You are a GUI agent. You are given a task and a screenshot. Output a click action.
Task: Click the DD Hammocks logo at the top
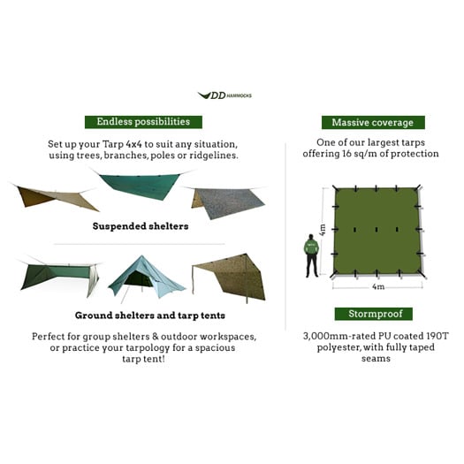pyautogui.click(x=224, y=95)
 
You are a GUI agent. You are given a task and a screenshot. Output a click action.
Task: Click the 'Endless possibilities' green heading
pyautogui.click(x=143, y=122)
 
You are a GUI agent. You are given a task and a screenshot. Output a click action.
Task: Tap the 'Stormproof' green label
pyautogui.click(x=373, y=314)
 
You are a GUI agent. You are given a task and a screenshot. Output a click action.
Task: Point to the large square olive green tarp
pyautogui.click(x=377, y=232)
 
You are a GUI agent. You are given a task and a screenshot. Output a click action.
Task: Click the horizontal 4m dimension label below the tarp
pyautogui.click(x=377, y=286)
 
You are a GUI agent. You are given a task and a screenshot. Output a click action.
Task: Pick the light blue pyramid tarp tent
pyautogui.click(x=143, y=275)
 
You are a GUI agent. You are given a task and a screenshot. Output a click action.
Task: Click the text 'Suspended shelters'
pyautogui.click(x=141, y=226)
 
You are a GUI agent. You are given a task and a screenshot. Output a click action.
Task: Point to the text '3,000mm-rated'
pyautogui.click(x=326, y=336)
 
